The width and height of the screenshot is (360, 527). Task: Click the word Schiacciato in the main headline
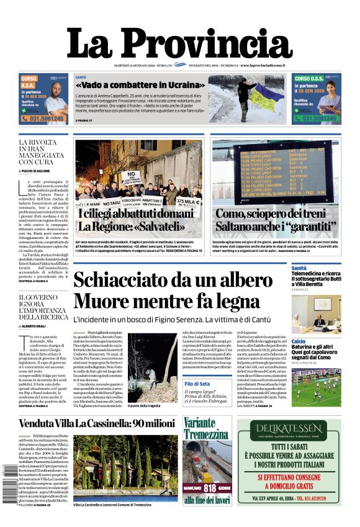pyautogui.click(x=124, y=280)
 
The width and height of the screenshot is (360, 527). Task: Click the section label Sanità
pyautogui.click(x=299, y=268)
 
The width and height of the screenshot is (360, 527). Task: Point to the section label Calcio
pyautogui.click(x=299, y=341)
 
